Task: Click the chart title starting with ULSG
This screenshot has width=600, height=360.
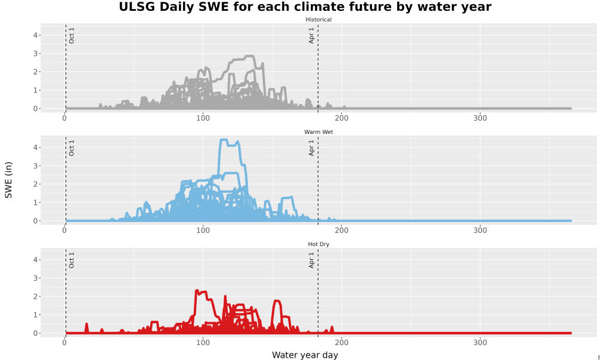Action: tap(305, 7)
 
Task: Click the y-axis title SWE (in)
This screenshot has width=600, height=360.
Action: tap(8, 180)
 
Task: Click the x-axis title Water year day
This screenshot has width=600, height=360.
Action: tap(305, 355)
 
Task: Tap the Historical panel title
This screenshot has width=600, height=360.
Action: tap(319, 20)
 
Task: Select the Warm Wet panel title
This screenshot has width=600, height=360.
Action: tap(319, 132)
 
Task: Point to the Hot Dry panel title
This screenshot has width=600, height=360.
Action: tap(319, 244)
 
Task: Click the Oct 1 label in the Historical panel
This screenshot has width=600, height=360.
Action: tap(71, 35)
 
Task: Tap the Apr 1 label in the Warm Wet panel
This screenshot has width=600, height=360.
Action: tap(311, 148)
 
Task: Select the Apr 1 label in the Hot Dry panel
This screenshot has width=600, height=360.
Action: tap(311, 260)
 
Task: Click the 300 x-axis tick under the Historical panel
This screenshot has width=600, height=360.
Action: tap(480, 118)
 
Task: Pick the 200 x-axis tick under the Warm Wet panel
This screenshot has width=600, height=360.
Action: tap(342, 230)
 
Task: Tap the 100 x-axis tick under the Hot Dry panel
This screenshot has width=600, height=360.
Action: tap(203, 343)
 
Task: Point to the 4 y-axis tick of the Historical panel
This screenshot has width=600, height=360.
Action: tap(35, 35)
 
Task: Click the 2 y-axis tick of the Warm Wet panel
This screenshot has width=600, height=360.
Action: tap(35, 184)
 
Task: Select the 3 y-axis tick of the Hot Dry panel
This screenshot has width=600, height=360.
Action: tap(35, 278)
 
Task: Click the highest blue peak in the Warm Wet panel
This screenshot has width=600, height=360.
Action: tap(224, 140)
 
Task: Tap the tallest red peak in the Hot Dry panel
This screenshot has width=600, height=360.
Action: tap(197, 291)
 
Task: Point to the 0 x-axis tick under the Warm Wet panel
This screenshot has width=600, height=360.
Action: tap(64, 230)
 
